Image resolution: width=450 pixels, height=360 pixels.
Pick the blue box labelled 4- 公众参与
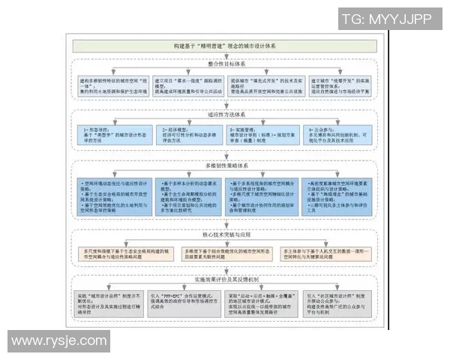345,134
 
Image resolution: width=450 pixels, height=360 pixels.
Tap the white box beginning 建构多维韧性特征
112,87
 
